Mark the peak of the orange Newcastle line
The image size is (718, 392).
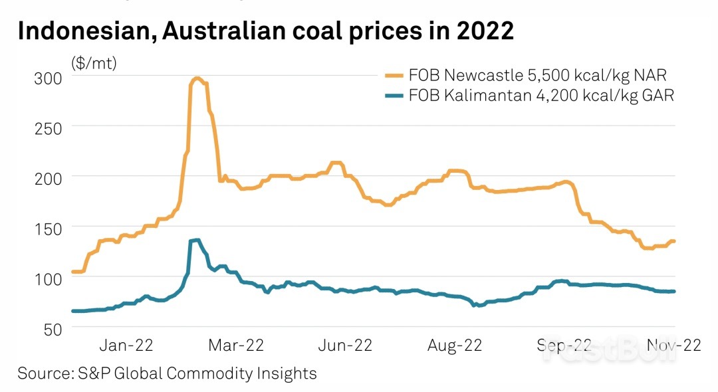point(197,78)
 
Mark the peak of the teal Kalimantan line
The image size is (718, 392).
point(197,240)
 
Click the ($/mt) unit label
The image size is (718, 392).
point(94,64)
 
